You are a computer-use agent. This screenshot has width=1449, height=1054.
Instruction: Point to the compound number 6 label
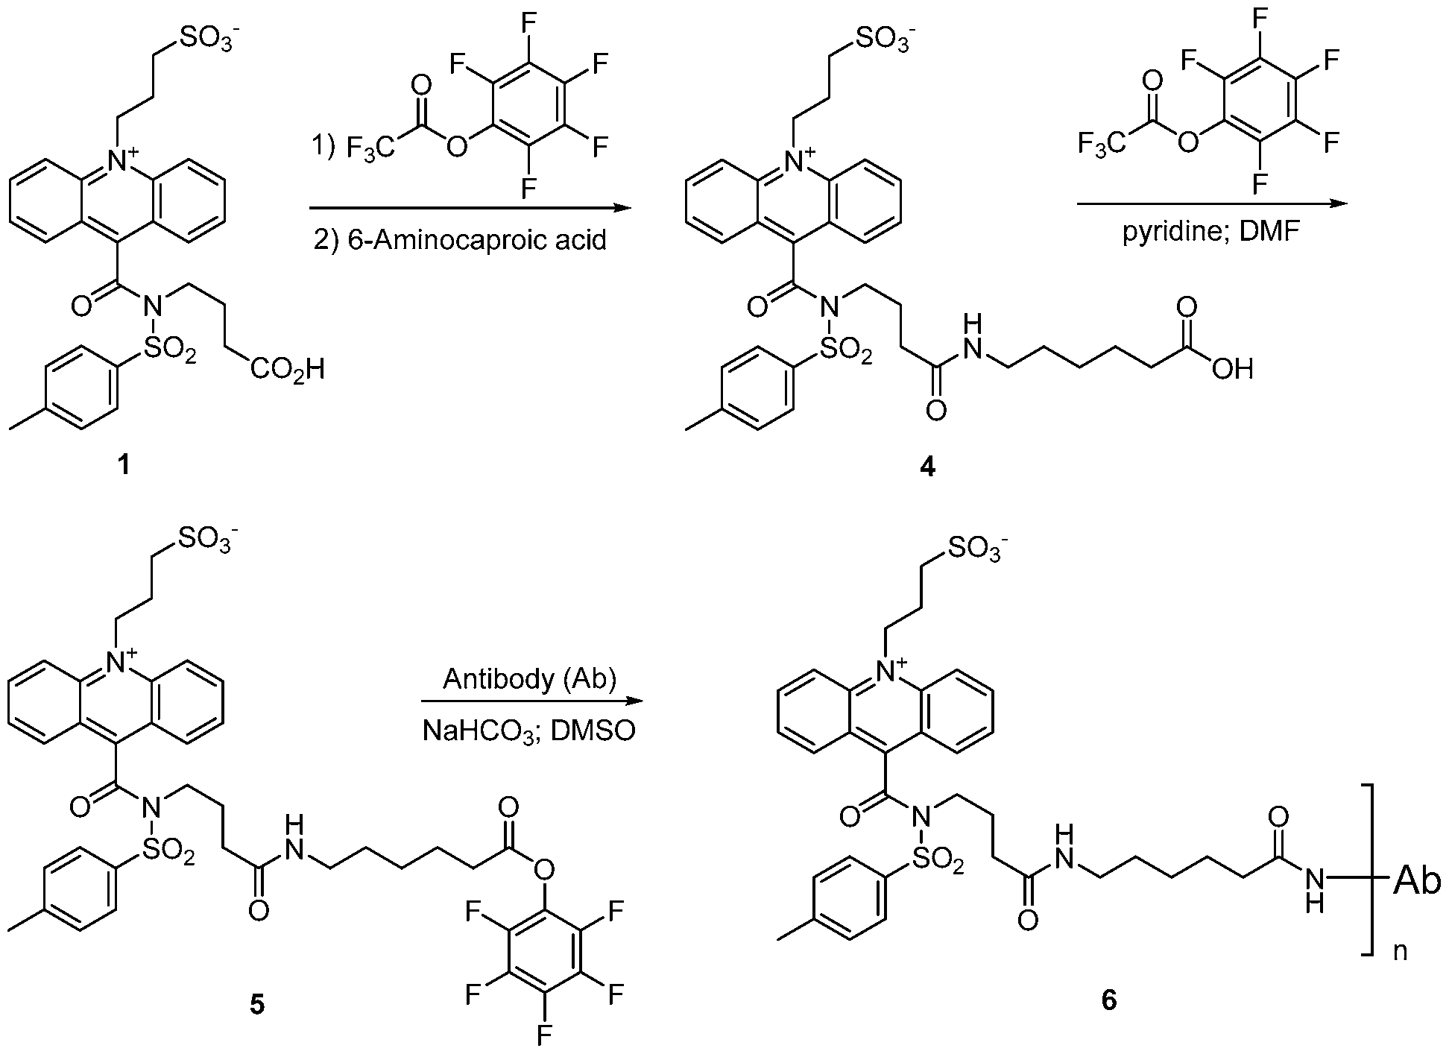pyautogui.click(x=1110, y=1000)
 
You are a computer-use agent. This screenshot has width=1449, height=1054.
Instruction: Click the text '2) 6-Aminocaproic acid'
pyautogui.click(x=459, y=241)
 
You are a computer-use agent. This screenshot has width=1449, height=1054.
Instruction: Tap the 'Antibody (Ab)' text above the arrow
pyautogui.click(x=530, y=680)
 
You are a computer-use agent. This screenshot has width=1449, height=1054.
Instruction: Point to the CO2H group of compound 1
pyautogui.click(x=287, y=369)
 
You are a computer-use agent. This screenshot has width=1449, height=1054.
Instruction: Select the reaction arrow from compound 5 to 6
pyautogui.click(x=531, y=701)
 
